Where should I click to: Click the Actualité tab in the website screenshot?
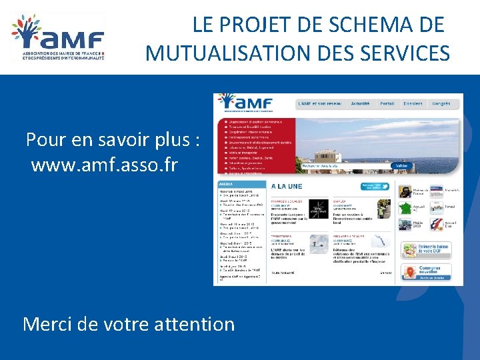pyautogui.click(x=360, y=103)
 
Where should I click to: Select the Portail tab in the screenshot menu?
pyautogui.click(x=387, y=103)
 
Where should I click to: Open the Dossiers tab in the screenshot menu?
pyautogui.click(x=413, y=103)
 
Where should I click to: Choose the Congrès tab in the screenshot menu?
pyautogui.click(x=441, y=103)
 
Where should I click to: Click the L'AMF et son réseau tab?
pyautogui.click(x=320, y=103)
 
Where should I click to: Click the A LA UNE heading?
pyautogui.click(x=285, y=186)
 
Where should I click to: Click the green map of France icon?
pyautogui.click(x=405, y=209)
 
